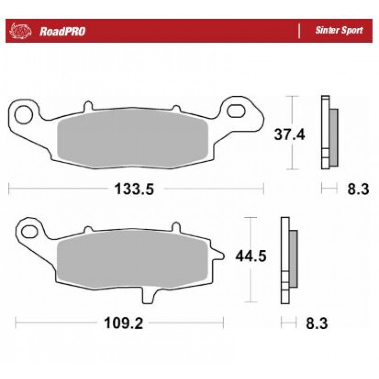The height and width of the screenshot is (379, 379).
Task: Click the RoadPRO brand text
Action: click(x=63, y=31)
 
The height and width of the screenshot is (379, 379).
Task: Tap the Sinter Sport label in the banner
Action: click(x=339, y=30)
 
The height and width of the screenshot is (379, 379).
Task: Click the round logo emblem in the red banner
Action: click(x=20, y=31)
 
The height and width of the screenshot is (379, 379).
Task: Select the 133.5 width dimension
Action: click(x=134, y=189)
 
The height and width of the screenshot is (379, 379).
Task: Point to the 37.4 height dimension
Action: click(x=289, y=134)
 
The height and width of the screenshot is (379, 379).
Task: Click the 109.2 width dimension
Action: click(x=124, y=323)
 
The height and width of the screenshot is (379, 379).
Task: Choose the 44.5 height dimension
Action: click(x=251, y=256)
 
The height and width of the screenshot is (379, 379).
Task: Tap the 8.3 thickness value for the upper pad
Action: click(x=358, y=189)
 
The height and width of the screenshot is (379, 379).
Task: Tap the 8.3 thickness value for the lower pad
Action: click(x=317, y=323)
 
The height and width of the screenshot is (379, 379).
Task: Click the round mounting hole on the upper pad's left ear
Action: click(x=23, y=114)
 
